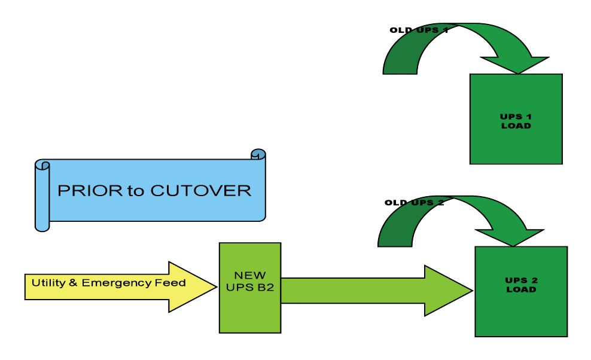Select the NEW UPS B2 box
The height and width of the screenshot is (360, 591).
tap(250, 287)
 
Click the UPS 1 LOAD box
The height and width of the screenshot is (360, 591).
tap(516, 119)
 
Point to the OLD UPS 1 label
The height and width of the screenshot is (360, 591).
tap(419, 30)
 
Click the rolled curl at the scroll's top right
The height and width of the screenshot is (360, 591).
tap(258, 154)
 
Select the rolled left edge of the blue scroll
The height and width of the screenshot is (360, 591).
tap(42, 195)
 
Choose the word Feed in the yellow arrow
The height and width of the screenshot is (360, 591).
tap(175, 283)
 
